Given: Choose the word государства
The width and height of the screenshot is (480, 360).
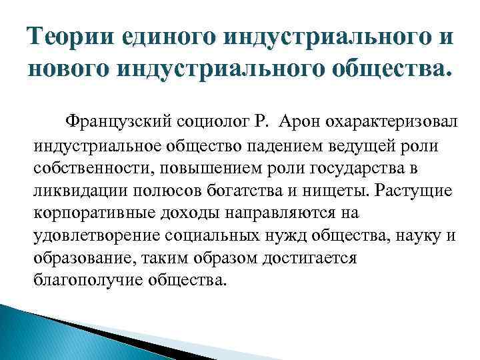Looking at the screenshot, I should [370, 169].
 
